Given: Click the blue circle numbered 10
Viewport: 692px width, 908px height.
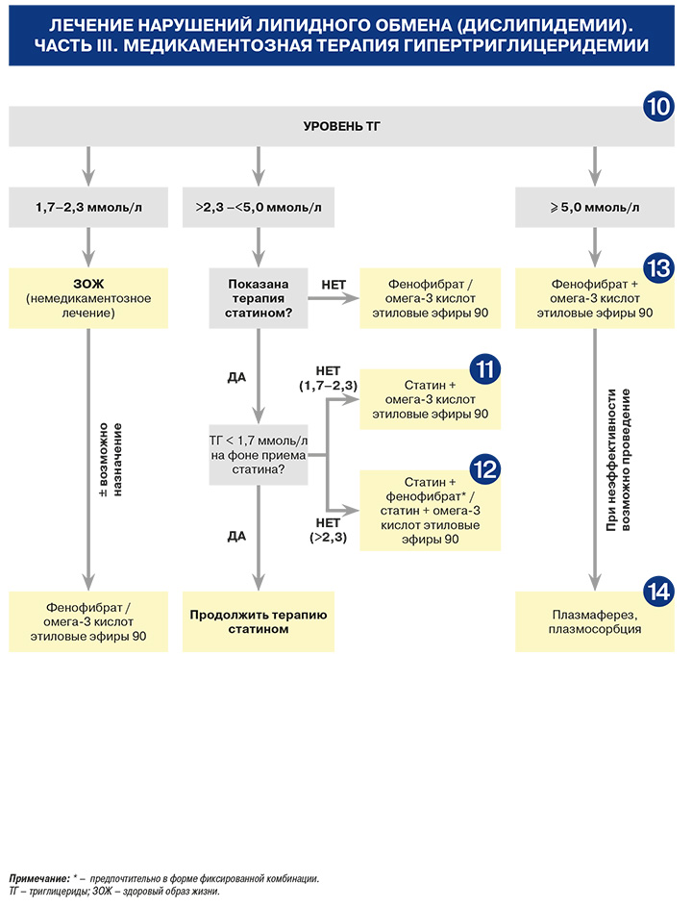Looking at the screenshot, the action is point(658,107).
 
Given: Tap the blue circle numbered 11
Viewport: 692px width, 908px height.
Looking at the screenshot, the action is point(484,369).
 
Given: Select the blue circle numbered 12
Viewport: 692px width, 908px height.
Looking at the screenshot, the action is point(484,469).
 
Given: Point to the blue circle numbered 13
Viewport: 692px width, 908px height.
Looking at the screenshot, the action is point(658,268).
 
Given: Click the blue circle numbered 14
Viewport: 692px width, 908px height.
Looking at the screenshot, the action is point(658,592).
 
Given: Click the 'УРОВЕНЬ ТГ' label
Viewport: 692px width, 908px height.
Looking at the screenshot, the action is point(342,126).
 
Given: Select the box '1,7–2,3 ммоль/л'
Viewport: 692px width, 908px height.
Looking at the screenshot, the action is point(88,207).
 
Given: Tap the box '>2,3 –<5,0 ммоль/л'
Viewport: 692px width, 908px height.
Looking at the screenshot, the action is point(259,207).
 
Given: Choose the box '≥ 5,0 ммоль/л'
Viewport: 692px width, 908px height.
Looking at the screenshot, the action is point(595,207).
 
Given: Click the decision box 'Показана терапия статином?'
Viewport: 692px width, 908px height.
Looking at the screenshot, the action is point(259,298).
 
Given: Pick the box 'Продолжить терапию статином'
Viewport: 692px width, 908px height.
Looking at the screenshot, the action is point(259,621).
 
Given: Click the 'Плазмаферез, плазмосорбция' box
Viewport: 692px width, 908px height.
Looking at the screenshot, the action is point(595,621).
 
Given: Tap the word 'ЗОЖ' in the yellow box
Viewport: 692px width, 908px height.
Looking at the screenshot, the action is point(88,284).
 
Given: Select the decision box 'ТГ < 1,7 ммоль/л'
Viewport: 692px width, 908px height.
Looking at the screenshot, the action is point(259,455).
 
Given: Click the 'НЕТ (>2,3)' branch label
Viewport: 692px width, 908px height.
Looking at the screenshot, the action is point(328,530).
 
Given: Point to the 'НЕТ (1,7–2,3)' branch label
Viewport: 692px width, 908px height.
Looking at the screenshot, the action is point(328,378).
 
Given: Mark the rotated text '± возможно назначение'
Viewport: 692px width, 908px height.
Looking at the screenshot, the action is point(111,460).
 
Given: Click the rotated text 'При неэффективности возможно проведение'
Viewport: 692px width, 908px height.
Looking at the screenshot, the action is point(618,460).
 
